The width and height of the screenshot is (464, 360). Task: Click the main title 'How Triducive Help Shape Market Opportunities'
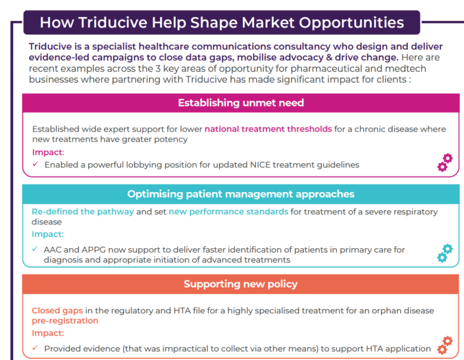click(x=222, y=22)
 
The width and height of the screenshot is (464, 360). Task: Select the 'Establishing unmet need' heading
click(x=241, y=103)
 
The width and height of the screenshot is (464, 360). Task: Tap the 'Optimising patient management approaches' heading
click(x=241, y=194)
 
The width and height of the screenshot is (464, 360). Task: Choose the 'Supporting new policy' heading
click(x=241, y=284)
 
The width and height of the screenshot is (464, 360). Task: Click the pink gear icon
click(x=445, y=163)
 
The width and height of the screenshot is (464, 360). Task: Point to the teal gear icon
click(x=445, y=253)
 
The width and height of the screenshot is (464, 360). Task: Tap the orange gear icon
click(x=445, y=346)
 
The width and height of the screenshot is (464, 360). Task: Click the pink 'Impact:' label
click(x=48, y=152)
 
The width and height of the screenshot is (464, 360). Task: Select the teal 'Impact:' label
click(x=47, y=234)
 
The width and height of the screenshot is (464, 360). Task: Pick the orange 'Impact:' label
click(x=47, y=333)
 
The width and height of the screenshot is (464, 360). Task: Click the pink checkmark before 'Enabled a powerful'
click(x=36, y=164)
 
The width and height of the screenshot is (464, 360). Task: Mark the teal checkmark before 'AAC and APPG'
click(x=35, y=249)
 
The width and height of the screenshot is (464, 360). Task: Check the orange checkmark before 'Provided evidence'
click(x=35, y=347)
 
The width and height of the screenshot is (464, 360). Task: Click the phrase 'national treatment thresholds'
click(x=268, y=129)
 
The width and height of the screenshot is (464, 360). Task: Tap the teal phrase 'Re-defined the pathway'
click(x=83, y=212)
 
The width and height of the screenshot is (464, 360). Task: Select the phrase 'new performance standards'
click(x=228, y=212)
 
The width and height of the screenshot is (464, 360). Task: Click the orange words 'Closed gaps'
click(x=57, y=311)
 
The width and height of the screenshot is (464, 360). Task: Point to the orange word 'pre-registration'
click(x=64, y=321)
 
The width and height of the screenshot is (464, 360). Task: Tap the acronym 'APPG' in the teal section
click(x=93, y=250)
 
